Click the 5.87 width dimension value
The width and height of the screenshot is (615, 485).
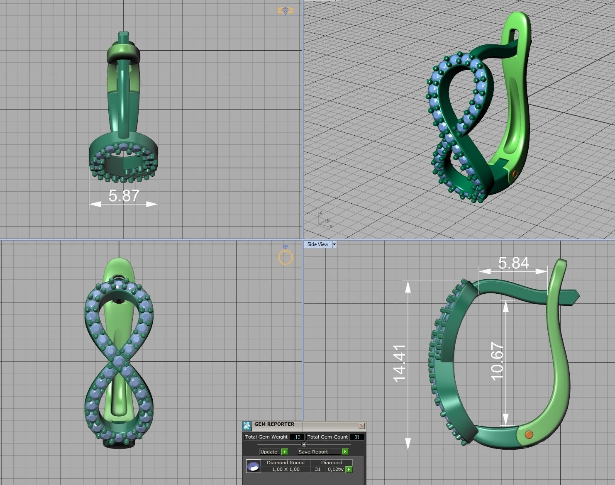click(124, 196)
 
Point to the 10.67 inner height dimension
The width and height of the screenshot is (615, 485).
click(497, 361)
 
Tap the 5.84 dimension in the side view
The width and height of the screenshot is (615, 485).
click(513, 263)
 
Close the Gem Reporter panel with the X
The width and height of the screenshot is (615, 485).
click(361, 426)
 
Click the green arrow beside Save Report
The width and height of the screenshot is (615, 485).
click(345, 451)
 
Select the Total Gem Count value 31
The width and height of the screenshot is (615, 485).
click(356, 437)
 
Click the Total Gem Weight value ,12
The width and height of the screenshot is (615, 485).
click(297, 437)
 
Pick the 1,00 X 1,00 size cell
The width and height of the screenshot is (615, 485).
click(286, 469)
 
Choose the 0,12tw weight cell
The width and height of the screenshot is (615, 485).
click(335, 469)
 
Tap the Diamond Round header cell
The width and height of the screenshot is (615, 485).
click(286, 462)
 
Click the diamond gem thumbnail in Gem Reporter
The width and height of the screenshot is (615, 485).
click(253, 466)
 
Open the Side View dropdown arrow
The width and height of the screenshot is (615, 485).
click(334, 244)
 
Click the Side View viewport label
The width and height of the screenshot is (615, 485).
click(317, 244)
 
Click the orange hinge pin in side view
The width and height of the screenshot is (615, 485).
click(529, 435)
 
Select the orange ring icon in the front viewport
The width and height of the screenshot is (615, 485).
click(286, 257)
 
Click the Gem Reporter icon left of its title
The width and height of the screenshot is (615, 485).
click(247, 426)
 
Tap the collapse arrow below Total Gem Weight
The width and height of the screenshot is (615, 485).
click(304, 444)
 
